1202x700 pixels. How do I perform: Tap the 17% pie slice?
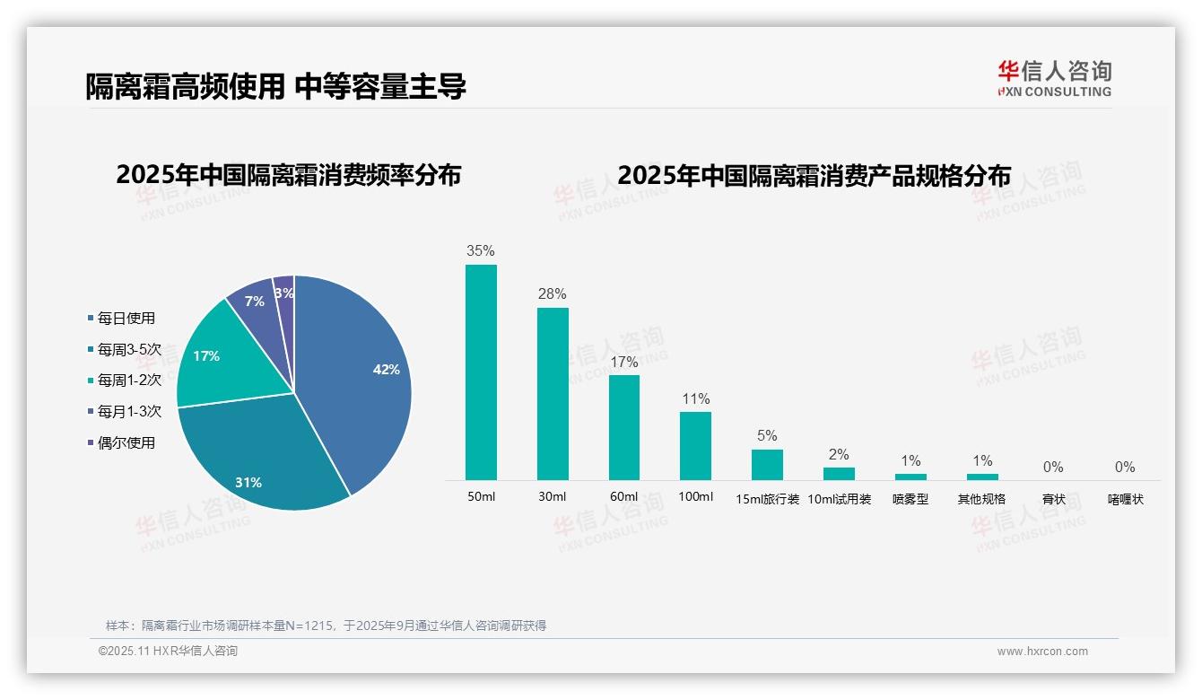[215, 359]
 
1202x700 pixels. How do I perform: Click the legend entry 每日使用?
[126, 318]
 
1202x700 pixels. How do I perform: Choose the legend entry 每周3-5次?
[129, 349]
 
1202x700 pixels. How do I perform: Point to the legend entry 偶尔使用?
[126, 442]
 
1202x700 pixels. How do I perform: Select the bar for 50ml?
[481, 372]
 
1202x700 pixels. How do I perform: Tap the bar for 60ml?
[624, 427]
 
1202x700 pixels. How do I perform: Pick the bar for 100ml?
[695, 445]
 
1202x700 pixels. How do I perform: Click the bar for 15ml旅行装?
[767, 465]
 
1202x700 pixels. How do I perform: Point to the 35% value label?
[481, 251]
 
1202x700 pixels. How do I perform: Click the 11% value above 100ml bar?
[695, 398]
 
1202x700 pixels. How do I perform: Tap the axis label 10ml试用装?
[840, 499]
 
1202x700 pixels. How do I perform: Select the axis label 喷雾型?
[910, 499]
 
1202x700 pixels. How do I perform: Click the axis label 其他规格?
[981, 499]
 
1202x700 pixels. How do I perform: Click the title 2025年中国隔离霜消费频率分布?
[288, 175]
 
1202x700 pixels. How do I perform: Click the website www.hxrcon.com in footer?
[1042, 652]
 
